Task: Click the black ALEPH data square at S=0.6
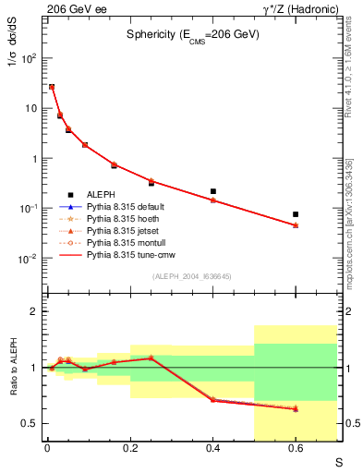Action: pyautogui.click(x=296, y=214)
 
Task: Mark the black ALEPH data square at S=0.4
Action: pyautogui.click(x=213, y=191)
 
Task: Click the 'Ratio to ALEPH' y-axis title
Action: pyautogui.click(x=13, y=368)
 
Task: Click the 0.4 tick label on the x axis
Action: pyautogui.click(x=212, y=449)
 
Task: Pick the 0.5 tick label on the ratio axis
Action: pyautogui.click(x=32, y=424)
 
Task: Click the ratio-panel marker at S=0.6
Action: pyautogui.click(x=296, y=408)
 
